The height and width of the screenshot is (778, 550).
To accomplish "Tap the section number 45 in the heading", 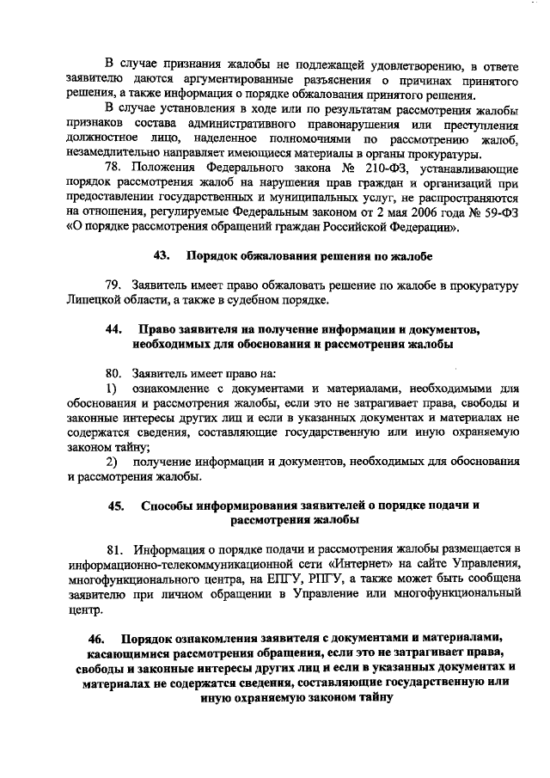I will (116, 505).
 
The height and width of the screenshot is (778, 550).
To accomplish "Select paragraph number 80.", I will (114, 374).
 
